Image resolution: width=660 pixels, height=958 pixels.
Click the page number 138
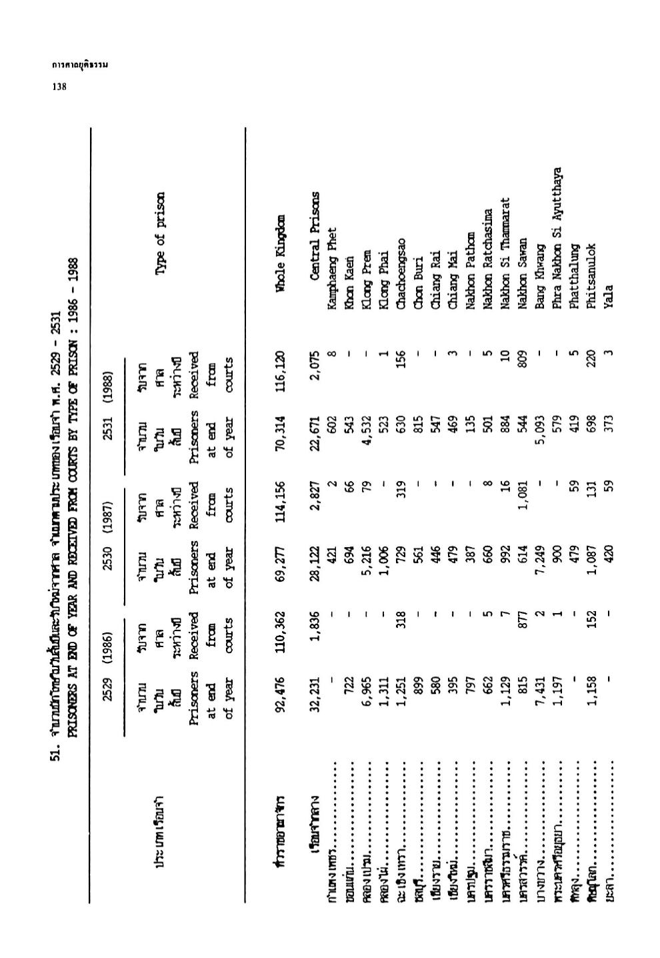pyautogui.click(x=59, y=86)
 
